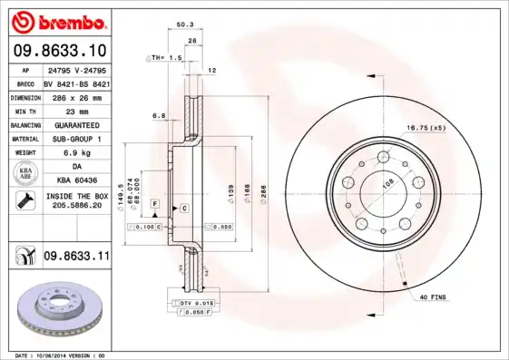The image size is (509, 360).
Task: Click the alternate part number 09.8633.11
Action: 77,258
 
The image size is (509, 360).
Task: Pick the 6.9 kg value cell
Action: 77,152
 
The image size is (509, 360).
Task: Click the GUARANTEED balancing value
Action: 77,124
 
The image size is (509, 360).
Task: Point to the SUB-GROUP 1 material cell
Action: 77,139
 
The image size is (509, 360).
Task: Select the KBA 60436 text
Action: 77,181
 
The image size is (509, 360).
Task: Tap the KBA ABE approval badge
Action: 26,174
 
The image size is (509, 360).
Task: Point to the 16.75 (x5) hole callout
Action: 426,128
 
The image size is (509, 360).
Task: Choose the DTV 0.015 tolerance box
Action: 192,302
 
